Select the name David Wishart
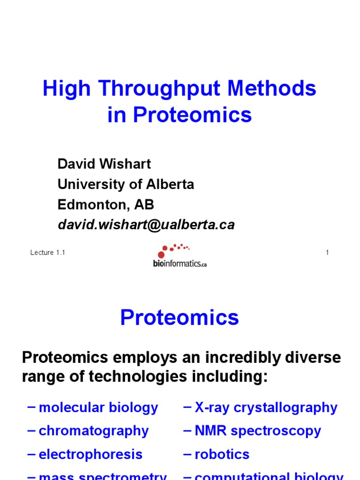pyautogui.click(x=104, y=164)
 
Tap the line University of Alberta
pyautogui.click(x=126, y=184)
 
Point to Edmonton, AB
pyautogui.click(x=105, y=205)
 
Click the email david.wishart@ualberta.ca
pyautogui.click(x=146, y=225)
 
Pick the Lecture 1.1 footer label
pyautogui.click(x=47, y=253)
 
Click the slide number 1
pyautogui.click(x=327, y=253)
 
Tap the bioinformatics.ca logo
pyautogui.click(x=180, y=256)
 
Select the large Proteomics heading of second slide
pyautogui.click(x=180, y=318)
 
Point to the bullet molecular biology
pyautogui.click(x=98, y=407)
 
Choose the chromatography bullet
pyautogui.click(x=94, y=431)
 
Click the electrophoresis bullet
pyautogui.click(x=90, y=454)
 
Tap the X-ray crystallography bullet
pyautogui.click(x=266, y=407)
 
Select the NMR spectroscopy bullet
pyautogui.click(x=258, y=431)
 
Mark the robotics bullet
pyautogui.click(x=222, y=454)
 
